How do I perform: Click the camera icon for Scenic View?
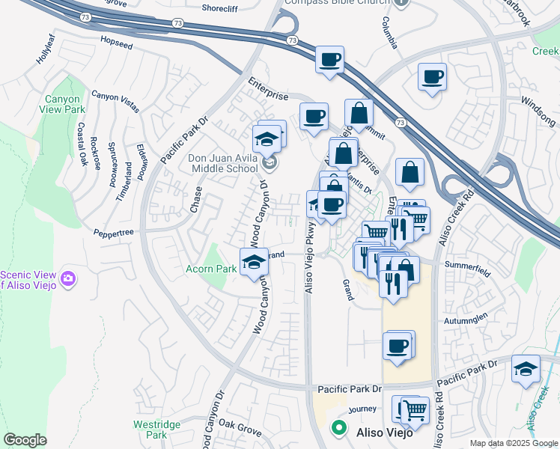(68, 278)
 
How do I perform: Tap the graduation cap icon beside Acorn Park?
(254, 262)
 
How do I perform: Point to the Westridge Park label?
(156, 429)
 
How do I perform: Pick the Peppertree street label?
(113, 233)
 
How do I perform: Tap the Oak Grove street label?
(240, 432)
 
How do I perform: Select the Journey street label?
(362, 409)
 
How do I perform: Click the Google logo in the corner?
(25, 440)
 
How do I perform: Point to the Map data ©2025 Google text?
(513, 443)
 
